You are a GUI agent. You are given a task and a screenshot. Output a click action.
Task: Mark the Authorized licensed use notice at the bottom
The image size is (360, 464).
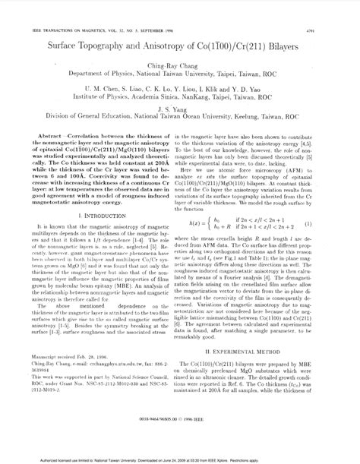pyautogui.click(x=180, y=459)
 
